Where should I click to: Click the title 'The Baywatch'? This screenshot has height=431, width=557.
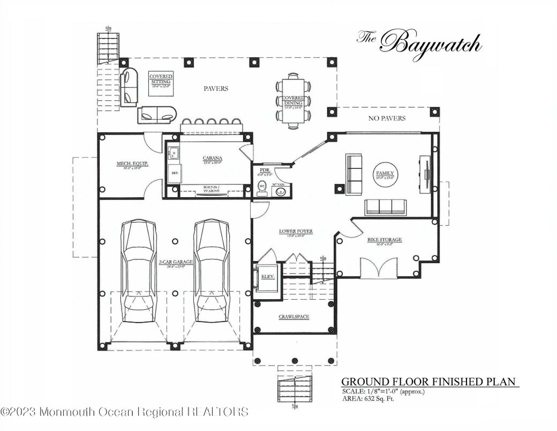coord(419,43)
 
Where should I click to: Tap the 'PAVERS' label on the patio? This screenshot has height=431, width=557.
coord(216,88)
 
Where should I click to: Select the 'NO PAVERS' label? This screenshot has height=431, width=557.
coord(386,118)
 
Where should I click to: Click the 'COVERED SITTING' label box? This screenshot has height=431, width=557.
coord(161,81)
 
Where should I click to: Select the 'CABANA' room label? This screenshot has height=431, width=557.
coord(212,158)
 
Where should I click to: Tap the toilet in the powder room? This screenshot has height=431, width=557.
coord(262,189)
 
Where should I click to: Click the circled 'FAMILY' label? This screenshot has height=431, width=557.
coord(385,174)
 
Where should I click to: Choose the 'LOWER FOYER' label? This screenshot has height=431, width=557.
coord(295,232)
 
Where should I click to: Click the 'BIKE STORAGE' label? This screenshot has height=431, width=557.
coord(384,240)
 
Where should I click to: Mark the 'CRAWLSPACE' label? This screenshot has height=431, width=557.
coord(293,317)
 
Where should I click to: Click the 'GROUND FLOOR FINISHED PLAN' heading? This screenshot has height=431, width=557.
coord(428,382)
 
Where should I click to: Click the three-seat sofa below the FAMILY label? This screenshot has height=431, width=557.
coord(386,206)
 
